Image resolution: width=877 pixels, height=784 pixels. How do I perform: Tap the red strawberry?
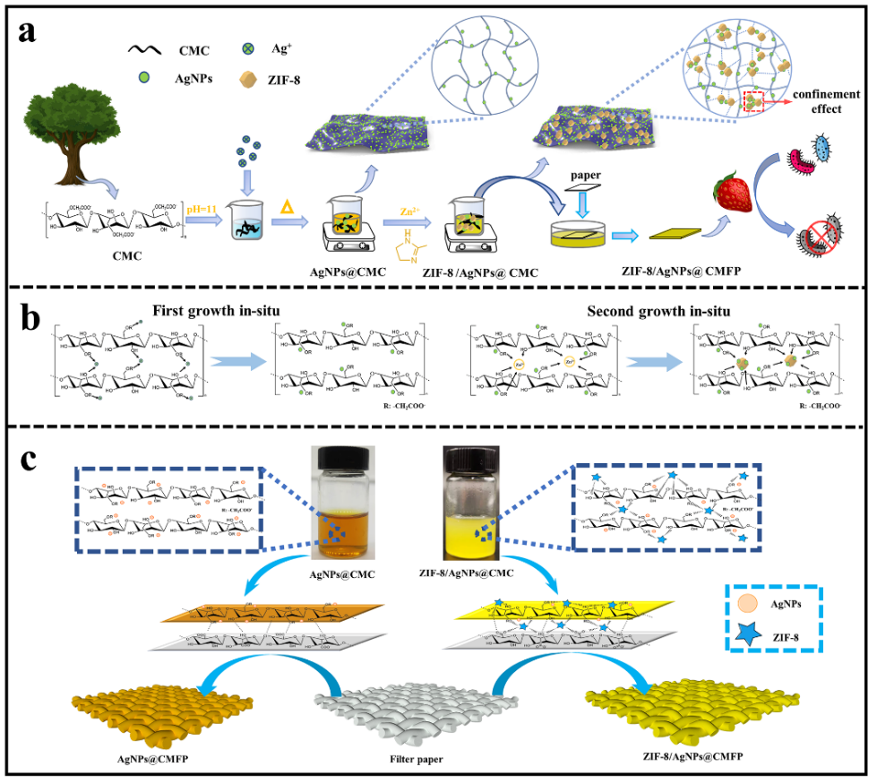point(731,195)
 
